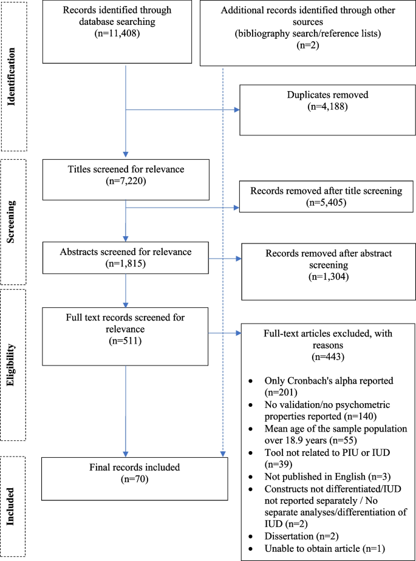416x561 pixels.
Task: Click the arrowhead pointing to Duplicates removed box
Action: point(237,110)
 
